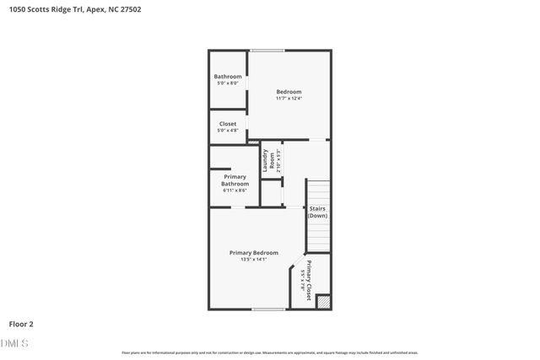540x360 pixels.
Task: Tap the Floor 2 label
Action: [21, 323]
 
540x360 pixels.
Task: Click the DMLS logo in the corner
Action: [14, 343]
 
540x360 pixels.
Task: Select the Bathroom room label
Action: [227, 77]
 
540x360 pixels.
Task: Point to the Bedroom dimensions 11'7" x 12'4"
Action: [289, 99]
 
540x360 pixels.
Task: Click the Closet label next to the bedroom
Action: [227, 124]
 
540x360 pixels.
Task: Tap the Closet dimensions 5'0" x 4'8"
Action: [227, 131]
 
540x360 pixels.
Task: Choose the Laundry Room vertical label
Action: [267, 161]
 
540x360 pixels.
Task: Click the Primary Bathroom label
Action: [235, 180]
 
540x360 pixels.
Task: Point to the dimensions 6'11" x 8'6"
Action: [235, 191]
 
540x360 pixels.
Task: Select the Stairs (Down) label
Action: [317, 212]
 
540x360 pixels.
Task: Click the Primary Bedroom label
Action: [254, 252]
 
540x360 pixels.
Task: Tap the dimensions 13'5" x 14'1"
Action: [254, 260]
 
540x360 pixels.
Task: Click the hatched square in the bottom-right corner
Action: [323, 301]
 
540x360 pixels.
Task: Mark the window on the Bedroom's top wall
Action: [267, 51]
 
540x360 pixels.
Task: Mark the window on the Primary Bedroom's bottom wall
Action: [267, 309]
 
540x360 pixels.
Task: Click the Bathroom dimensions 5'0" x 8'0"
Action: [227, 83]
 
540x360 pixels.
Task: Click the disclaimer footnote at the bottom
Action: [270, 352]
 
